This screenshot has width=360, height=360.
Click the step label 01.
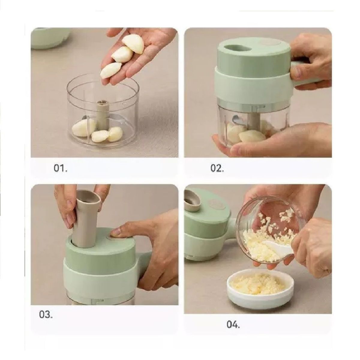pos(60,168)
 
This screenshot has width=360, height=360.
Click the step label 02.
pos(217,168)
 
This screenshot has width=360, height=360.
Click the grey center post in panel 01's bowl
pos(102,115)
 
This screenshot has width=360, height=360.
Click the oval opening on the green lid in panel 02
pos(237,48)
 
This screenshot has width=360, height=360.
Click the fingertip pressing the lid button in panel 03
pos(114,232)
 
